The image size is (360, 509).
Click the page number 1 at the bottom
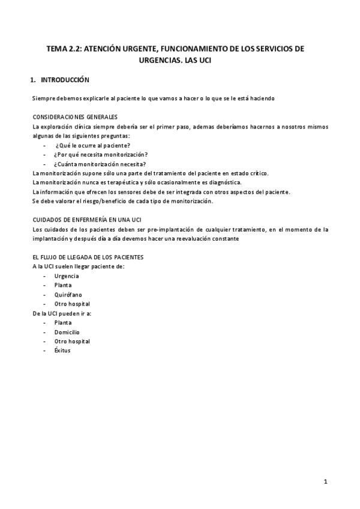(325, 481)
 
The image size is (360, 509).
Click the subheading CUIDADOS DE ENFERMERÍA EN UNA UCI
(87, 220)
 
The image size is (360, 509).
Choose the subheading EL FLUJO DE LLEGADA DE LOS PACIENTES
(88, 257)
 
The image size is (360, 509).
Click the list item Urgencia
(66, 276)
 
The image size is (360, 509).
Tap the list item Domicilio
(67, 332)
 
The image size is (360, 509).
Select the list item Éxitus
(62, 351)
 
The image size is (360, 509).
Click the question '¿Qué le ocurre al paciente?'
(93, 145)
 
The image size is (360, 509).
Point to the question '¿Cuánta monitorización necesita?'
(100, 164)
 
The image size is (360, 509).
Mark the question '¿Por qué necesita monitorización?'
(101, 154)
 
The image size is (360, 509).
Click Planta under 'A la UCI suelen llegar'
(63, 285)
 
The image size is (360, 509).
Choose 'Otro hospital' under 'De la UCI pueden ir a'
(71, 341)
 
